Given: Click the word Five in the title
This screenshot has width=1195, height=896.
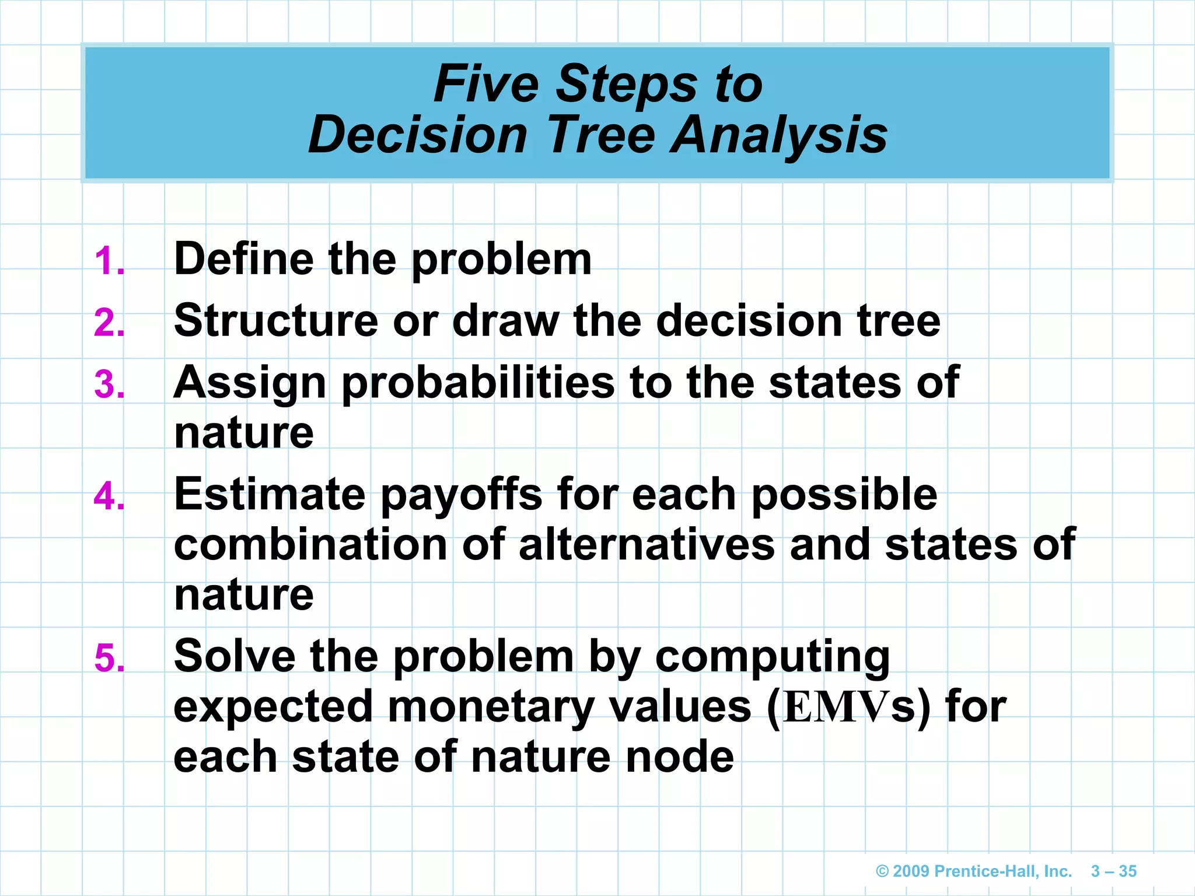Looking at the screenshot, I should click(486, 84).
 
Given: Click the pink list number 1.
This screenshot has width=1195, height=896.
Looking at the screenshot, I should click(109, 261).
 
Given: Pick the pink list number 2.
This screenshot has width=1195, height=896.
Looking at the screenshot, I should click(109, 323).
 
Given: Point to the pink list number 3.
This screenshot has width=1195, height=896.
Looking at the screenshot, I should click(109, 385).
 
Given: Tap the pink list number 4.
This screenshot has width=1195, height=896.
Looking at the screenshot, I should click(109, 497).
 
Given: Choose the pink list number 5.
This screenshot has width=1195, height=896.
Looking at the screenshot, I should click(109, 659).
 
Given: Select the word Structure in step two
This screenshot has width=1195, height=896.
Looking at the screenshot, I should click(276, 321).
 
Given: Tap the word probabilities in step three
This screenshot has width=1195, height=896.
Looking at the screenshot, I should click(478, 383).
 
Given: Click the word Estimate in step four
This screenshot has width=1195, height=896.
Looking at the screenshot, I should click(270, 495).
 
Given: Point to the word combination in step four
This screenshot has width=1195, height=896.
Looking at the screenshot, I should click(310, 545).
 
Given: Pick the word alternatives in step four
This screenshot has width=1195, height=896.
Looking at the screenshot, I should click(647, 545).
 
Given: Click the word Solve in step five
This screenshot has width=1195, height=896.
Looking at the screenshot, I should click(235, 656).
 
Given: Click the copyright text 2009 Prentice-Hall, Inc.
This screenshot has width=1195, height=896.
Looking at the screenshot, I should click(974, 871).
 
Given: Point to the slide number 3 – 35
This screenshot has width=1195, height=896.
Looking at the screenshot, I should click(1113, 871).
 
